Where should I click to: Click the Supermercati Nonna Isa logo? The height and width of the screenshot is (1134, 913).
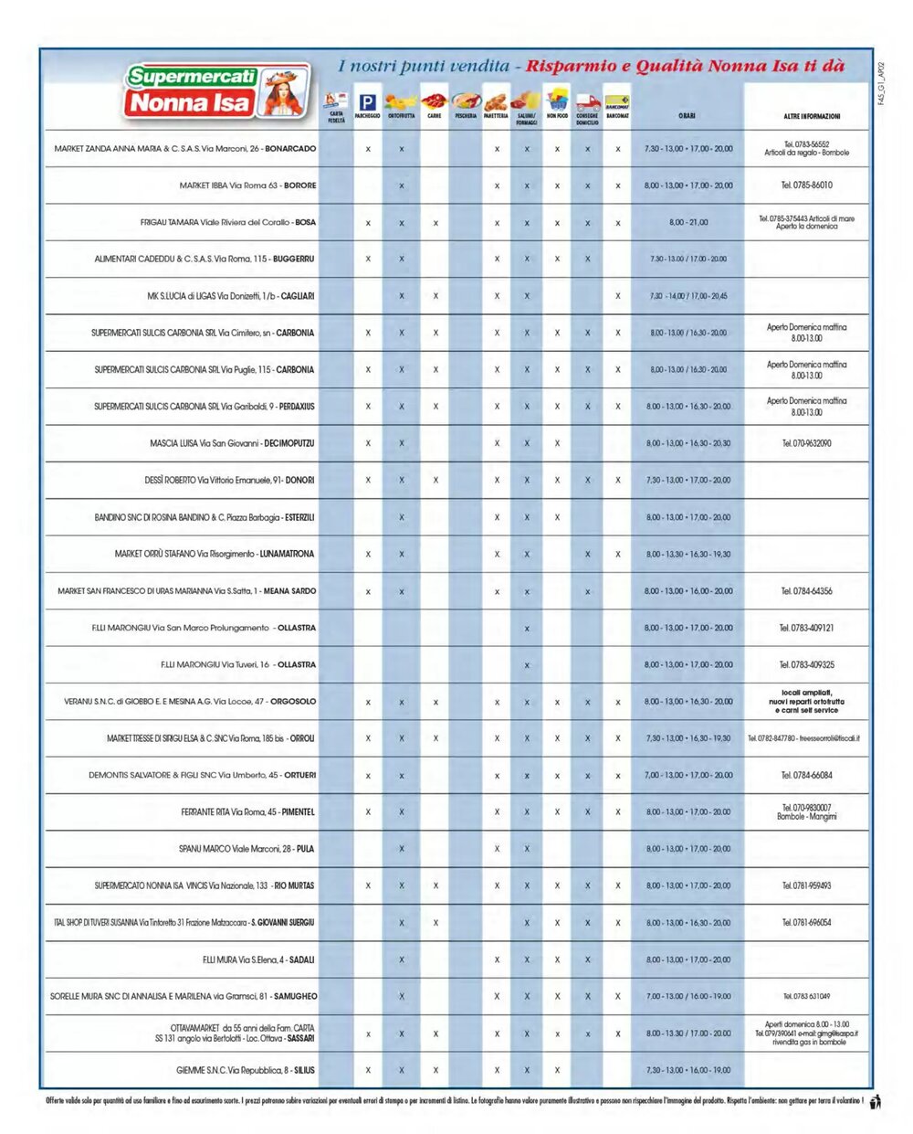click(216, 90)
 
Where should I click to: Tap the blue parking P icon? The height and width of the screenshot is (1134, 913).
click(367, 102)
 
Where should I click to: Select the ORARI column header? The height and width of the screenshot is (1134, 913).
click(687, 116)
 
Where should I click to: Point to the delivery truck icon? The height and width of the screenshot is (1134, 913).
click(587, 102)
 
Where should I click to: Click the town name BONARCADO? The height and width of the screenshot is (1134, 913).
click(290, 148)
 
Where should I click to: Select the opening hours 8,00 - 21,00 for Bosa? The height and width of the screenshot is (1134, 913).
click(687, 222)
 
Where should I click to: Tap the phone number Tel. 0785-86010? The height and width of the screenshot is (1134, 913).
click(806, 185)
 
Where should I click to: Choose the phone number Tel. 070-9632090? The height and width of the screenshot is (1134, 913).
click(806, 443)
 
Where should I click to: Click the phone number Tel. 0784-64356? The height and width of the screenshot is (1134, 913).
click(806, 591)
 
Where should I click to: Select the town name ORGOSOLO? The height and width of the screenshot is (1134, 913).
click(293, 702)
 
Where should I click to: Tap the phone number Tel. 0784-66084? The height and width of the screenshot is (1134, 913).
click(806, 775)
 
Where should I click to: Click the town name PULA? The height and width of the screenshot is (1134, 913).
click(305, 849)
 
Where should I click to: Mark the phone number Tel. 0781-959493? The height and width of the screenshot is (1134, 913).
click(806, 885)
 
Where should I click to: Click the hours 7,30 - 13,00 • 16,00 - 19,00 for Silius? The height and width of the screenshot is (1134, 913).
click(687, 1070)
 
